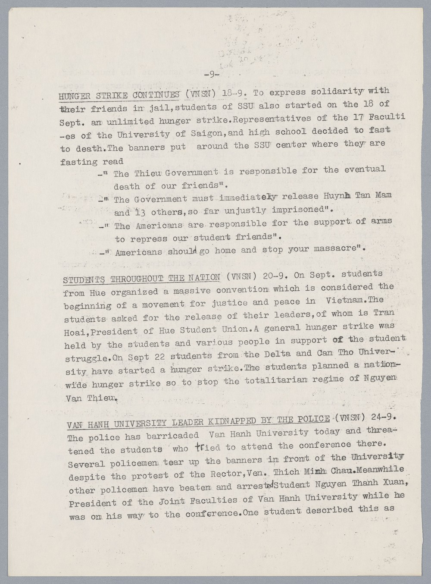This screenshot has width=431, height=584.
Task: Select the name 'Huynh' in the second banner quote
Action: [338, 196]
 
